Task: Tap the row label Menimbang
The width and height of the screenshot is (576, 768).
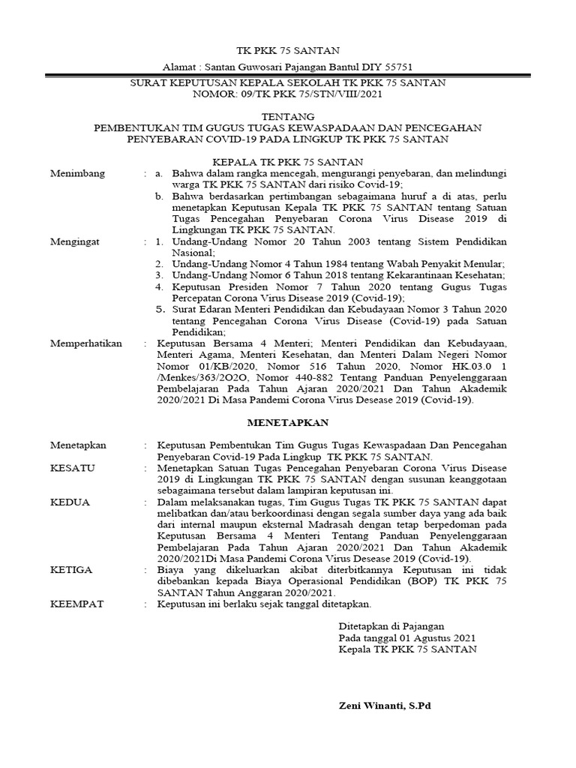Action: click(x=77, y=173)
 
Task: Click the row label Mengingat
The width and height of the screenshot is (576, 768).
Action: click(x=75, y=242)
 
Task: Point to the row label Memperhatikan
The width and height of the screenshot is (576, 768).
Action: click(x=85, y=343)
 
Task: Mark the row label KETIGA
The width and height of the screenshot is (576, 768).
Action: click(x=71, y=570)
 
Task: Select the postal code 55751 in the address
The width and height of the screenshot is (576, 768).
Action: click(x=397, y=66)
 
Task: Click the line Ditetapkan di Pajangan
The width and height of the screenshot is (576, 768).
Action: click(x=391, y=625)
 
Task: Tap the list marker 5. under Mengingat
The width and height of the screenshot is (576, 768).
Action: click(x=159, y=308)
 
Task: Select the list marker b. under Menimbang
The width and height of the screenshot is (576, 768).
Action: click(x=159, y=196)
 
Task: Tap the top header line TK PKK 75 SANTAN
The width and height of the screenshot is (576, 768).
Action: click(x=288, y=51)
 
